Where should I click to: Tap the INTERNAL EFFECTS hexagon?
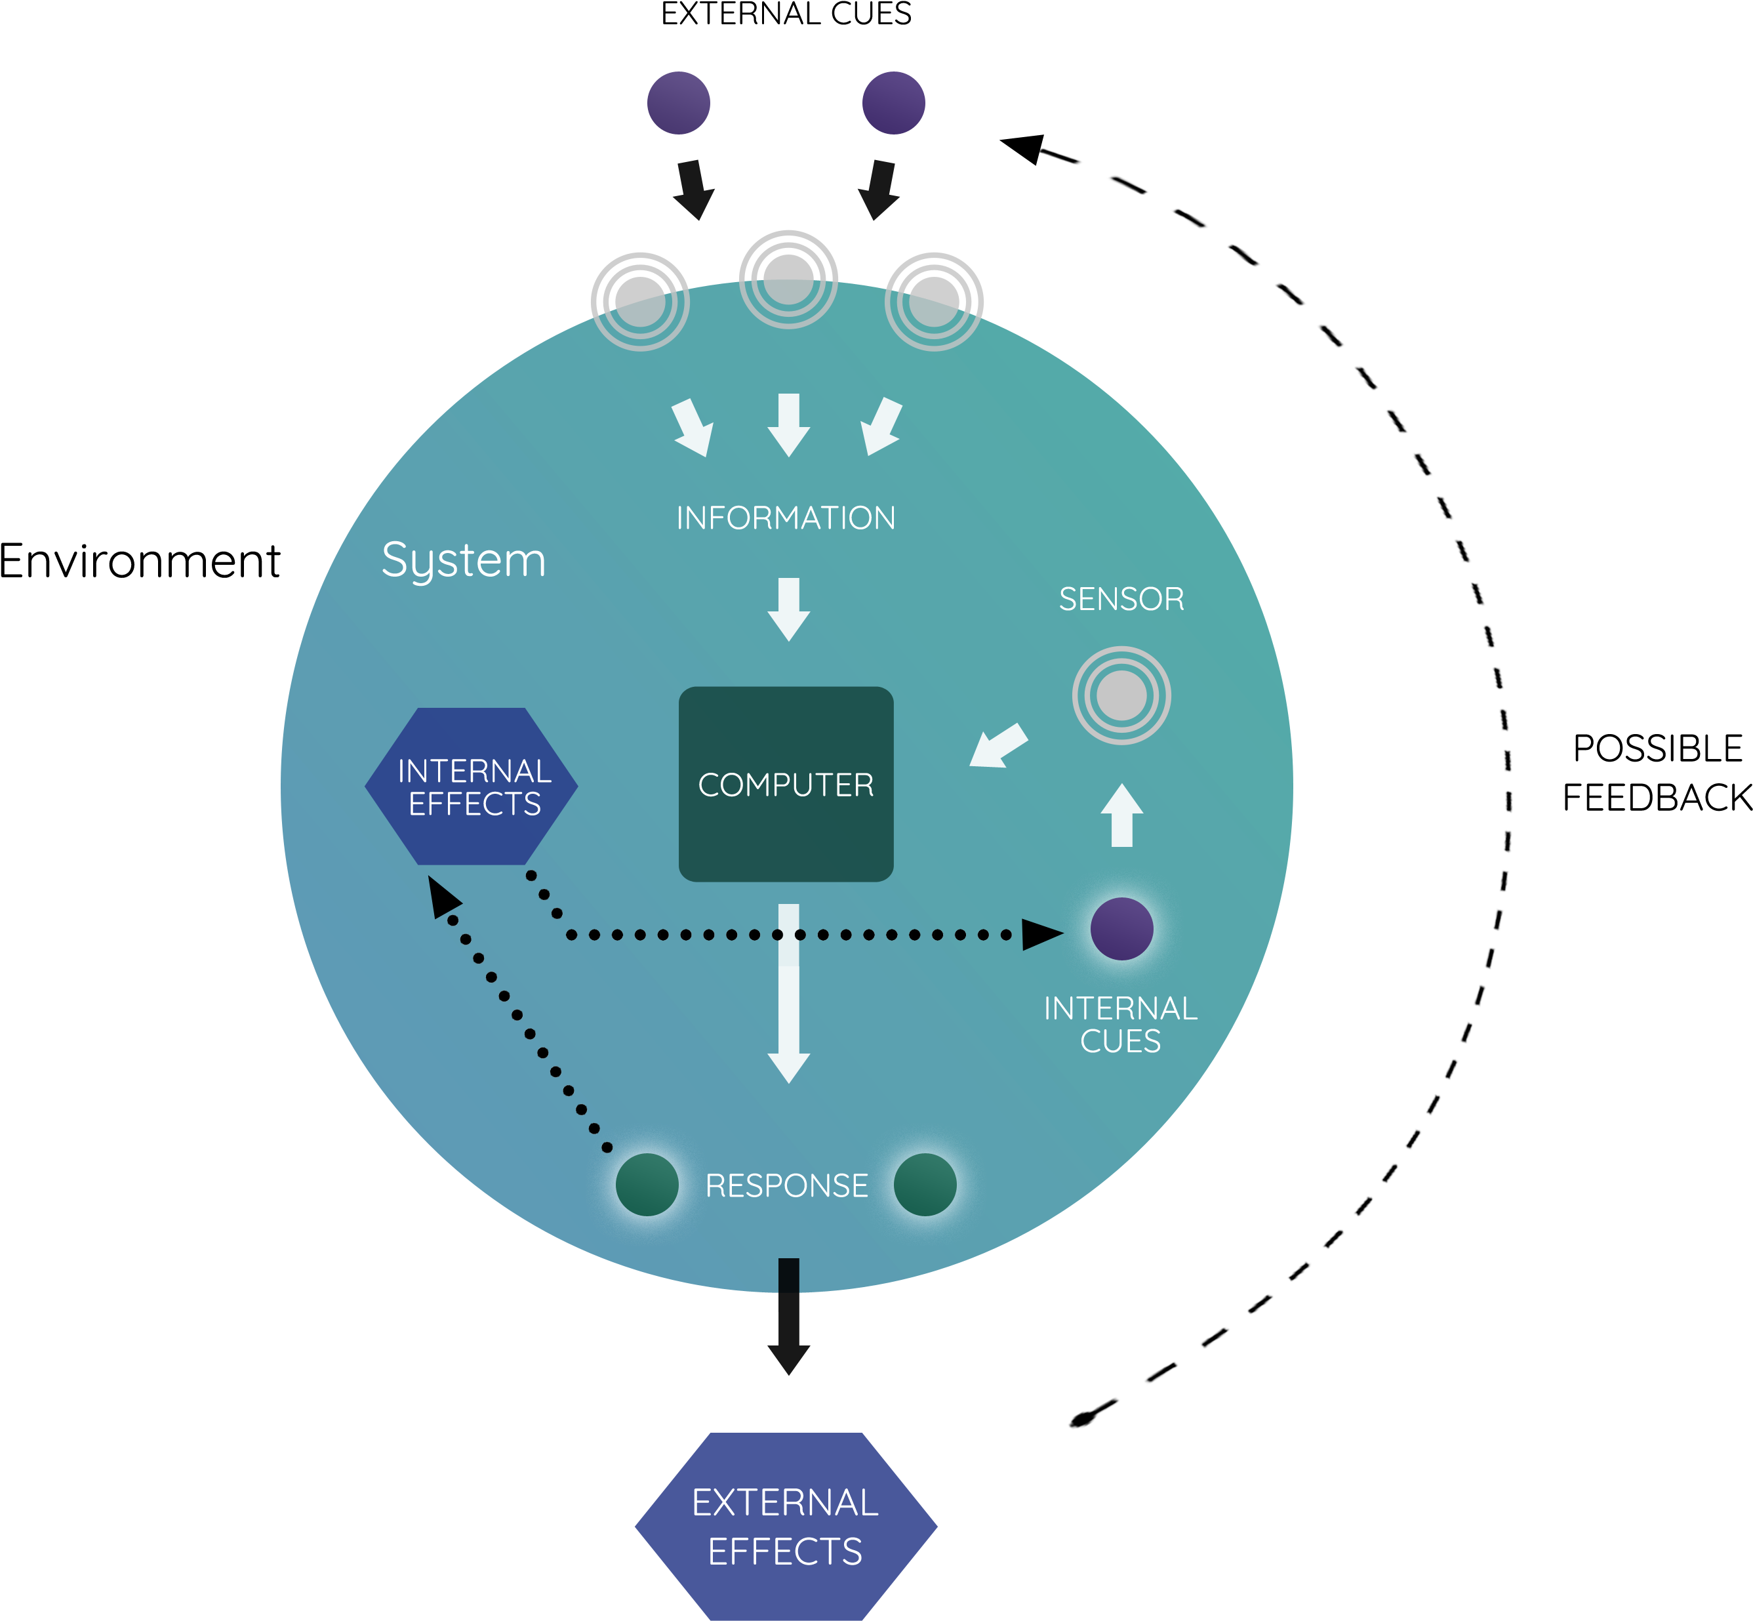coord(472,786)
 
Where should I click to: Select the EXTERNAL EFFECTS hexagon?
coord(786,1527)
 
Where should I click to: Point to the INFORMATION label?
coord(786,518)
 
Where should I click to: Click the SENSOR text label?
coord(1121,599)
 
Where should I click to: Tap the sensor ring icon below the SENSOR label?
coord(1121,695)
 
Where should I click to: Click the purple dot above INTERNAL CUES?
coord(1121,928)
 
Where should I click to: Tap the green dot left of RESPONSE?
coord(647,1184)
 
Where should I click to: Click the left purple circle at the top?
coord(678,102)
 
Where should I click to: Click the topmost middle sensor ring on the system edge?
coord(788,279)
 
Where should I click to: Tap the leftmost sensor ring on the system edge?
coord(640,302)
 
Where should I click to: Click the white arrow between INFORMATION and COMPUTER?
coord(788,609)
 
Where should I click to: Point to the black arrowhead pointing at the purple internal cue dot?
coord(1041,935)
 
